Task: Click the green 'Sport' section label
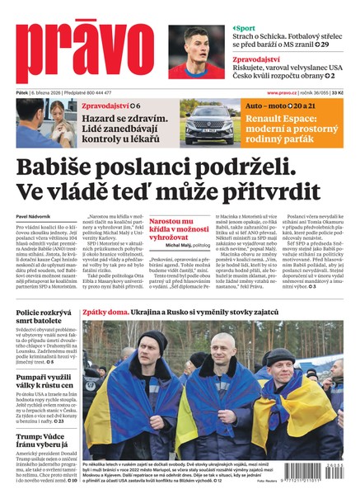246,28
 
